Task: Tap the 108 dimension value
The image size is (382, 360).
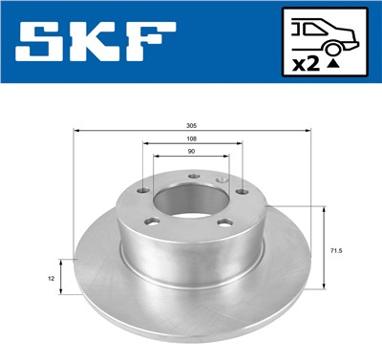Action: point(192,140)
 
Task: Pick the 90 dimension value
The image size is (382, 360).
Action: point(192,153)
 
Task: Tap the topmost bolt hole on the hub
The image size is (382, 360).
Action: point(192,175)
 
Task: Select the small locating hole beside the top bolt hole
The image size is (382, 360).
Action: point(222,178)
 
